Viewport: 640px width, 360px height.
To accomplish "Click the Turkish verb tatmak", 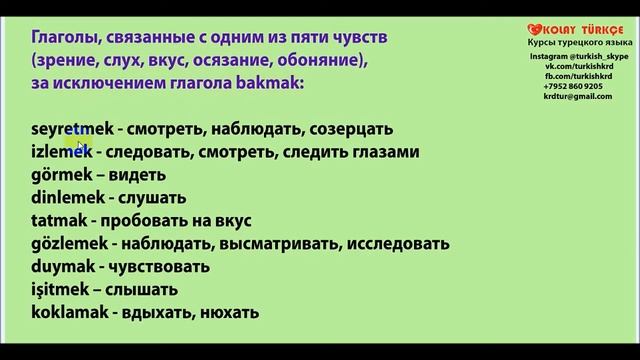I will point(59,220).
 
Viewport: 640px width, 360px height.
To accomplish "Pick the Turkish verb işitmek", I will point(60,290).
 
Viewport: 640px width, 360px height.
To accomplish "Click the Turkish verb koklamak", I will point(69,312).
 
